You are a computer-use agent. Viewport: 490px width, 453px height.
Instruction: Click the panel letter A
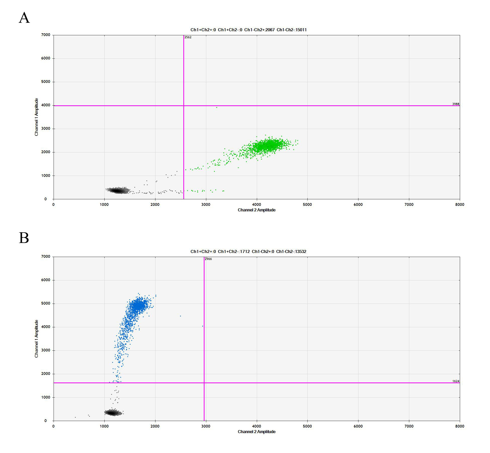(24, 18)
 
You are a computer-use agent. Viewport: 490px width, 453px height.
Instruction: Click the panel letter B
(24, 238)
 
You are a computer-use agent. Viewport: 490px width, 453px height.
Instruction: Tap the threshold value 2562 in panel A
(188, 37)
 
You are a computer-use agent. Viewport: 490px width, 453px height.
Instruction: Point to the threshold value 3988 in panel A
(456, 104)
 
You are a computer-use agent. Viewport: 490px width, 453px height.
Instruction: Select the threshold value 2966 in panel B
(208, 259)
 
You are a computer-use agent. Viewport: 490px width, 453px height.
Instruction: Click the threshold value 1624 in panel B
(456, 381)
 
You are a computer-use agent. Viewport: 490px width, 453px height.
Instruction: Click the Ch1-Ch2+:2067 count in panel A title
(259, 30)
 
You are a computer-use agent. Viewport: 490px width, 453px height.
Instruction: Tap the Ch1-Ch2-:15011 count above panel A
(292, 30)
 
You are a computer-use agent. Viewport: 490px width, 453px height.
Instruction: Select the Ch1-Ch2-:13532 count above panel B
(291, 251)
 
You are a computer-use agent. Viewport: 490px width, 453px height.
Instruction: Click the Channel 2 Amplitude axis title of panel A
(257, 210)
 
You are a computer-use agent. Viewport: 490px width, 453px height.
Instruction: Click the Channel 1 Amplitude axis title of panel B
(36, 339)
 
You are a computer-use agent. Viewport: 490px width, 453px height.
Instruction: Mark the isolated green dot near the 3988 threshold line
(217, 108)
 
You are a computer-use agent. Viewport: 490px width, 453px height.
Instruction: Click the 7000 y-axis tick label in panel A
(46, 35)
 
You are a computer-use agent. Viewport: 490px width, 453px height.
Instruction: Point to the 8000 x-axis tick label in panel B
(460, 426)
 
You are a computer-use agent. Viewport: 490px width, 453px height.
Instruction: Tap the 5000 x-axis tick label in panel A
(307, 205)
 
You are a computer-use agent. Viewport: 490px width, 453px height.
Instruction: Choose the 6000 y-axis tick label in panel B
(46, 280)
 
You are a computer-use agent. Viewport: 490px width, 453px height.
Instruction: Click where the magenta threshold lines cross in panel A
(184, 106)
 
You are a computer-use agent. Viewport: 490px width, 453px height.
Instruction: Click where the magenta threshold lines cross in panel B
(204, 383)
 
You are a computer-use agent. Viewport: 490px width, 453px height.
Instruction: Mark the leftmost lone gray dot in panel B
(75, 417)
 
